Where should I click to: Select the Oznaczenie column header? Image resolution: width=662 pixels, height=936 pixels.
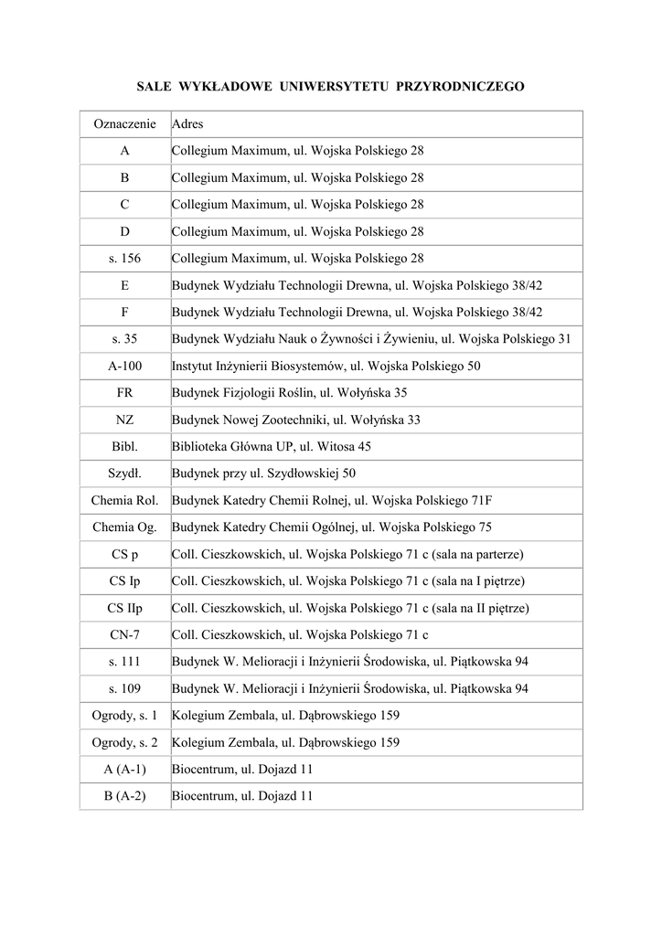coord(125,123)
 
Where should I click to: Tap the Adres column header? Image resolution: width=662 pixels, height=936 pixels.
coord(187,123)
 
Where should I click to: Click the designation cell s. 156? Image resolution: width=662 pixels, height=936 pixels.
coord(125,259)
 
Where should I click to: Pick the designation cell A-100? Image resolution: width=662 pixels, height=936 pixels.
coord(125,367)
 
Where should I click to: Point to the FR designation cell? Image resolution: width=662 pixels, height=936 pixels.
coord(125,393)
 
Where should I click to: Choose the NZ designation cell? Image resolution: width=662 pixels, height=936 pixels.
coord(125,420)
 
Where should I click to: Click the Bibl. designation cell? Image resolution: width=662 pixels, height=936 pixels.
coord(125,447)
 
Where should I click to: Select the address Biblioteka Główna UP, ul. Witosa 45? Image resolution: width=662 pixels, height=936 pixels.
coord(272,447)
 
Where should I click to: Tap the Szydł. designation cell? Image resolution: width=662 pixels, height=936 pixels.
coord(125,474)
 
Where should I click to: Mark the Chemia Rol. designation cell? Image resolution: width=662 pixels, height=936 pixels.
coord(125,501)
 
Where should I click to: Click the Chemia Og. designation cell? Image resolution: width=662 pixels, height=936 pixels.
coord(125,527)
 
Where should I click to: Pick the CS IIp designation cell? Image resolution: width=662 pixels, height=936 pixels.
coord(125,608)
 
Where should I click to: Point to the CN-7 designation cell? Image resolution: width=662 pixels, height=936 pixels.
coord(125,635)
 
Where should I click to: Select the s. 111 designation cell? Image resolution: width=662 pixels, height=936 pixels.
coord(125,662)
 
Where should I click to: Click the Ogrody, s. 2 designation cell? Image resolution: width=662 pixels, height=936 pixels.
coord(125,743)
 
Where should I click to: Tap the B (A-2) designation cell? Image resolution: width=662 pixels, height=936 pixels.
coord(125,796)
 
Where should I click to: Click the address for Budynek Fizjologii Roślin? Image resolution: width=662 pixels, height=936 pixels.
coord(290,393)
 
